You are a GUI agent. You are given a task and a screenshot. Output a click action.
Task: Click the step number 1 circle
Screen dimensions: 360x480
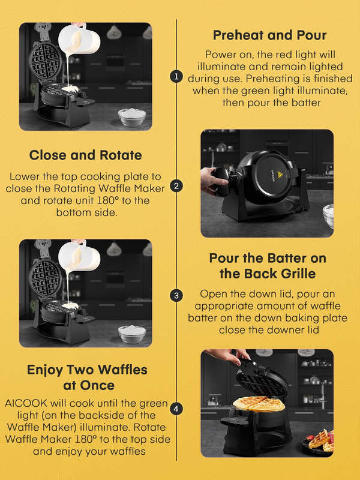click(x=176, y=77)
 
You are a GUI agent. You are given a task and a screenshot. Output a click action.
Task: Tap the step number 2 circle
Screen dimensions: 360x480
click(x=176, y=186)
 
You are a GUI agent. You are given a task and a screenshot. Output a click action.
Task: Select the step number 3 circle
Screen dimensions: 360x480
click(x=176, y=296)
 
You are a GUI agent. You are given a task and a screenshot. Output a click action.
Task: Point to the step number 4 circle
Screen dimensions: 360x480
click(x=176, y=409)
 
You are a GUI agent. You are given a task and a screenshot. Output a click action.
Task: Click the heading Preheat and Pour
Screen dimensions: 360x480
click(x=269, y=35)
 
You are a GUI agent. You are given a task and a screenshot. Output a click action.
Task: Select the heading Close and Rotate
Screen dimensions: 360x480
click(x=85, y=155)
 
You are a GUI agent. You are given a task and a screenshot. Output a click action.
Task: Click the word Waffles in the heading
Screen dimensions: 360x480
click(x=123, y=370)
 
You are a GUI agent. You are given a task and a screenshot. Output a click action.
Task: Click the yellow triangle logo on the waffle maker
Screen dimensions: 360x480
click(x=279, y=175)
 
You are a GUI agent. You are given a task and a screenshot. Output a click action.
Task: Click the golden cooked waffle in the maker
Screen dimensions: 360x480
click(x=259, y=404)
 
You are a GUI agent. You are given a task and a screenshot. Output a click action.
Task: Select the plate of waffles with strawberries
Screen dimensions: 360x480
click(x=319, y=442)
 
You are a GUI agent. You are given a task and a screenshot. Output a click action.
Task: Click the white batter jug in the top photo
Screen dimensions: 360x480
click(x=80, y=38)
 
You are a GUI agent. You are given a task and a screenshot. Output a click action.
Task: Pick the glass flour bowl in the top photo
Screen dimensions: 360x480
click(x=132, y=117)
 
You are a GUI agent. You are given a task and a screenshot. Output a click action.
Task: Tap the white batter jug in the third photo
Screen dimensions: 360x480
click(x=80, y=256)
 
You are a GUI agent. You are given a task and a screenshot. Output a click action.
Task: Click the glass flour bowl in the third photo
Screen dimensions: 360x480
click(x=132, y=334)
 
